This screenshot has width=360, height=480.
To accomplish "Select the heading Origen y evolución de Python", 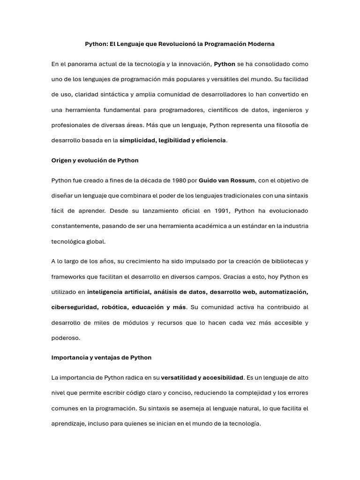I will coord(95,160).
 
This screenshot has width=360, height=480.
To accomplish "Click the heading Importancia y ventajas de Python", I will coord(101,357).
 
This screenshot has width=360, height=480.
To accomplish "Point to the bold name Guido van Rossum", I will coord(227,180).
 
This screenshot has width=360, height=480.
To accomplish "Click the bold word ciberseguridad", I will coord(74,307).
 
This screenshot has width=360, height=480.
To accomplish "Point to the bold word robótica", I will coord(114,307).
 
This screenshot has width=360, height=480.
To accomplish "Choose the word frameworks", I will coord(68,277).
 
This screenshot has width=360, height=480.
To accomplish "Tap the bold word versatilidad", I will coord(179,377).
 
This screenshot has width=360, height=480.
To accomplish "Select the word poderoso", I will coord(66,338).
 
